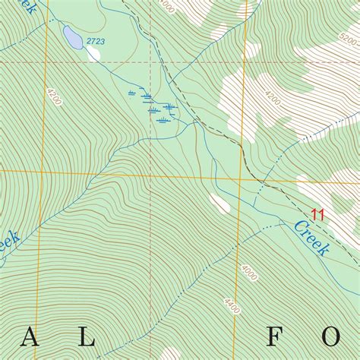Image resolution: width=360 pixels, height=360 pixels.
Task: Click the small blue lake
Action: tap(72, 36)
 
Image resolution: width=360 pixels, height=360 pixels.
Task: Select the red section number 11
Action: tap(318, 215)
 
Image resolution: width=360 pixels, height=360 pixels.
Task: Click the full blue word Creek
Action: tap(311, 237)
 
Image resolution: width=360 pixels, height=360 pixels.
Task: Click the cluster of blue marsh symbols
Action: tap(156, 106)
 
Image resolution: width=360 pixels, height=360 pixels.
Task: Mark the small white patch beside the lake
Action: tap(94, 53)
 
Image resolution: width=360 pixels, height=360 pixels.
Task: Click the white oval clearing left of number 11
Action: tap(219, 203)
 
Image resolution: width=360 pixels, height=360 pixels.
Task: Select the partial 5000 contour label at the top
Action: tap(167, 7)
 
